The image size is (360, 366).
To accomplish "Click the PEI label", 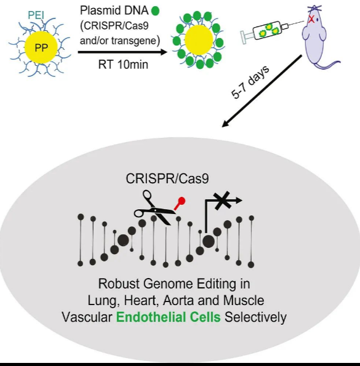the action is (x=36, y=15).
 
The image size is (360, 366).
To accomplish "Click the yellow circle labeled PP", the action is (x=41, y=47).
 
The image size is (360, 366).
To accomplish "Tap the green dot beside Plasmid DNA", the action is (x=155, y=10).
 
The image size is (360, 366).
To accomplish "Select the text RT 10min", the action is (x=123, y=65).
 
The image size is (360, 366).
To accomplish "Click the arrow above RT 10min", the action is (x=122, y=52).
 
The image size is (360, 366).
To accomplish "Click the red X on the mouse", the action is (x=311, y=19).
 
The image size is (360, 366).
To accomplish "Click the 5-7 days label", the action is (x=250, y=82).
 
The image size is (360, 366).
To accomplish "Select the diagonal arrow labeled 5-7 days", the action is (x=262, y=91).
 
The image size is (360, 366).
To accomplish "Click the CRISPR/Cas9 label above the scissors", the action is (x=167, y=178).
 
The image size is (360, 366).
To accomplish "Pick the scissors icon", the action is (x=154, y=208).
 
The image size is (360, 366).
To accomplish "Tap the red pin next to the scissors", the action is (x=180, y=204).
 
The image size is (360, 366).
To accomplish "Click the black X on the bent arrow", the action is (x=223, y=201).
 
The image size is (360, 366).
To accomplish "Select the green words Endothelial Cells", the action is (x=169, y=317).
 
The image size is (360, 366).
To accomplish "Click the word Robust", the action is (x=119, y=284).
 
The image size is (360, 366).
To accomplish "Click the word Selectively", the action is (x=255, y=317).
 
